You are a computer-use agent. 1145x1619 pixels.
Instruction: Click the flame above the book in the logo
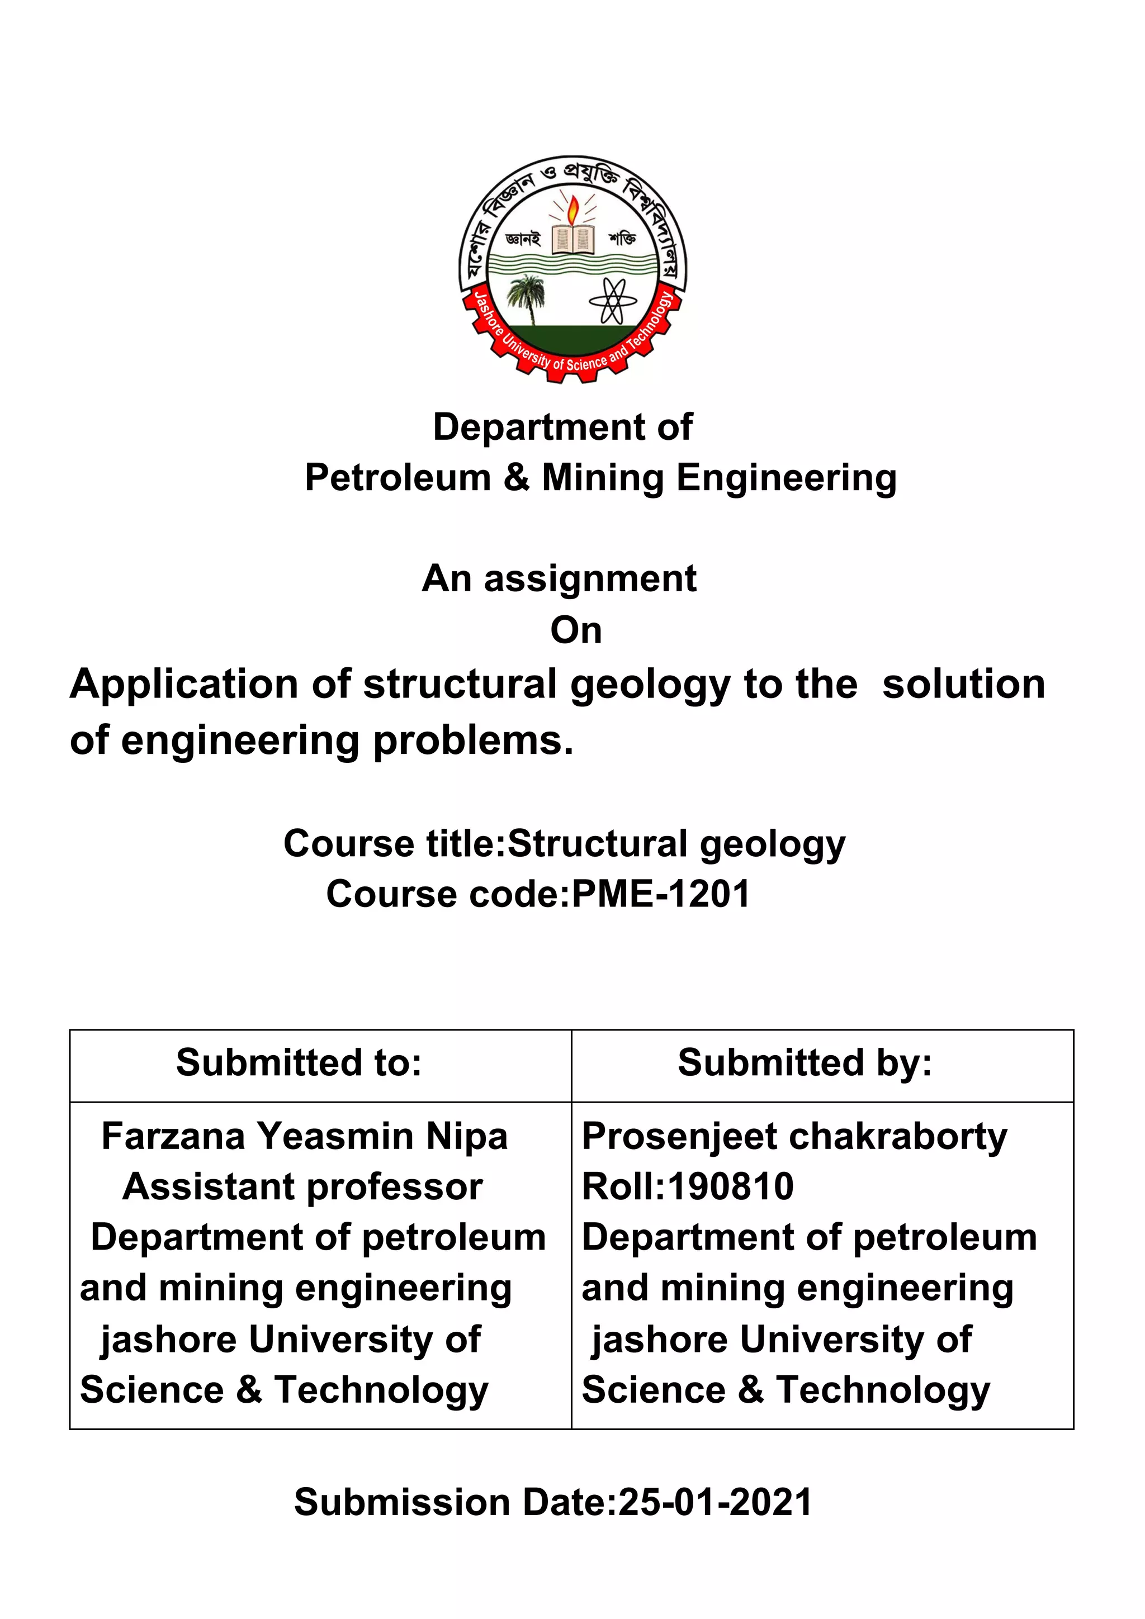tap(574, 208)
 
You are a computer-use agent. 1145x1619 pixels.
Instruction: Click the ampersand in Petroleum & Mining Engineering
tap(517, 478)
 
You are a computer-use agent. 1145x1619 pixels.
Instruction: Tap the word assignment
tap(590, 579)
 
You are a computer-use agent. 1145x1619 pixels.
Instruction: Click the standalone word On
tap(576, 630)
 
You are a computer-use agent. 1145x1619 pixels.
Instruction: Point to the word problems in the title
tap(472, 741)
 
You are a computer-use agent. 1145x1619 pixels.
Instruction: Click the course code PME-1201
tap(660, 894)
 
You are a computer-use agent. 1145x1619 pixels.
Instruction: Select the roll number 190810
tap(730, 1187)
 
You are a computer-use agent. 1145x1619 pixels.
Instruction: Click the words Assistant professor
tap(302, 1188)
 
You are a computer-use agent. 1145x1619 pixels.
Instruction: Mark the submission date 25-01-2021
tap(715, 1502)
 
